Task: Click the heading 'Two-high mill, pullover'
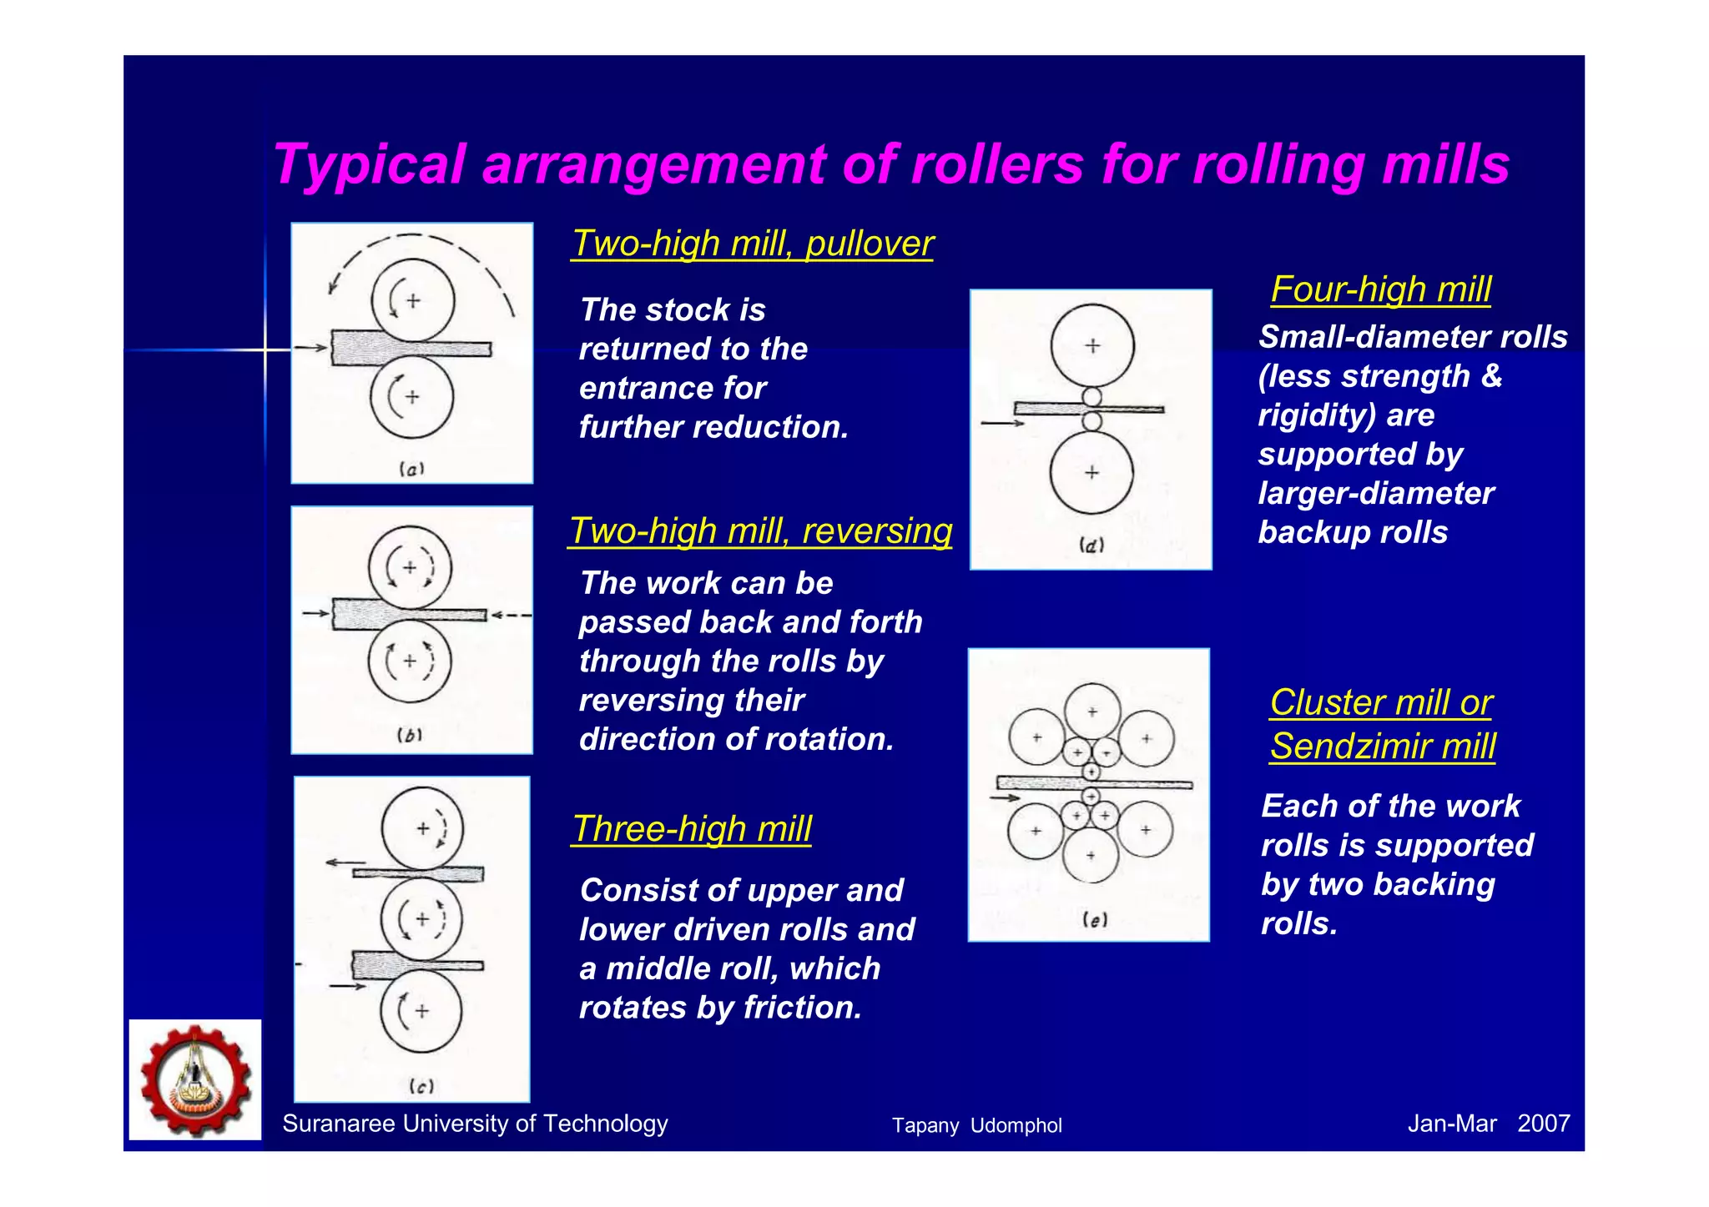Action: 752,244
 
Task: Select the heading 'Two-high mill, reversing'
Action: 759,531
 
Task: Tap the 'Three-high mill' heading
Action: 692,828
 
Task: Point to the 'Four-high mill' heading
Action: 1380,289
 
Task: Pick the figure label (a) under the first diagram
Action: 411,469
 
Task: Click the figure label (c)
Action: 421,1086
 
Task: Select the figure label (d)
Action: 1091,546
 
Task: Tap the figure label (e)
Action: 1094,919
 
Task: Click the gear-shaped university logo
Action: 195,1079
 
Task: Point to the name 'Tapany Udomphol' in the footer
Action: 976,1125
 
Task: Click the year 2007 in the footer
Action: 1543,1124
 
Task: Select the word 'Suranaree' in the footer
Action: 338,1124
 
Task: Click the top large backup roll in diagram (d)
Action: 1092,345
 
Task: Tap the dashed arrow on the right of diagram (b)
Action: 511,616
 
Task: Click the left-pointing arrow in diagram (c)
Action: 345,863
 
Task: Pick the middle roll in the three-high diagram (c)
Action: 421,919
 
